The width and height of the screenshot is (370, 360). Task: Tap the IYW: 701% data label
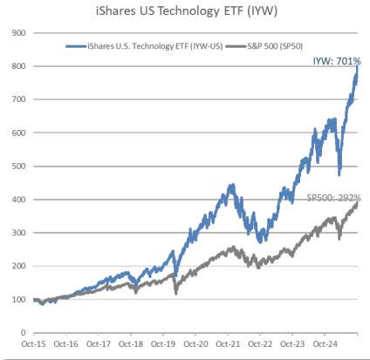pyautogui.click(x=335, y=60)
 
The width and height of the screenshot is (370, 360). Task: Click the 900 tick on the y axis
pyautogui.click(x=17, y=32)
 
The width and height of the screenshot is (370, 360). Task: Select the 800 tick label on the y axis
pyautogui.click(x=17, y=65)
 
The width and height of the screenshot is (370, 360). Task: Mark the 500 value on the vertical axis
pyautogui.click(x=17, y=166)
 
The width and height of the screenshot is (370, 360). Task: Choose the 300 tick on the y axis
pyautogui.click(x=17, y=233)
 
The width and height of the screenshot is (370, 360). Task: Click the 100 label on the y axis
pyautogui.click(x=17, y=299)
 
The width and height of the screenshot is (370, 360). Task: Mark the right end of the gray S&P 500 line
pyautogui.click(x=359, y=203)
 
